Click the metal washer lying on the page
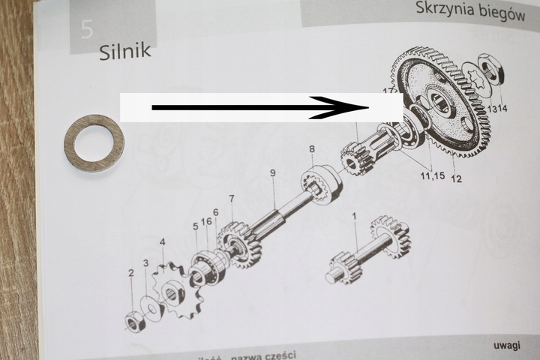[94, 142]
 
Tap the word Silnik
[125, 51]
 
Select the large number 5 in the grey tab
[88, 28]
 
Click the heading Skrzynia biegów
[469, 13]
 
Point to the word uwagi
[507, 346]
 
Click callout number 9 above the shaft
[273, 173]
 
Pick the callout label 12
[456, 179]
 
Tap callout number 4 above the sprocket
[163, 242]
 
